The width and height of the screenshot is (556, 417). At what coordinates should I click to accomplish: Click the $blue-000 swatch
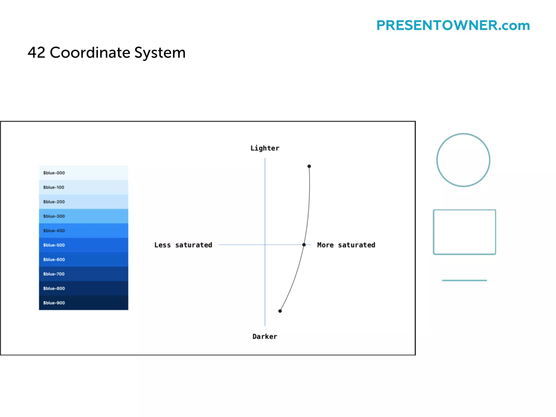tap(83, 173)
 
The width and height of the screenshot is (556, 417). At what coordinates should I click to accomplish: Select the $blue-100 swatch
tap(83, 187)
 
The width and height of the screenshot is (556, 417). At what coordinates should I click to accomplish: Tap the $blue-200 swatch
tap(83, 202)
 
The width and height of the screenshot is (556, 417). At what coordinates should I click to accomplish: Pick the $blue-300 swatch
tap(83, 216)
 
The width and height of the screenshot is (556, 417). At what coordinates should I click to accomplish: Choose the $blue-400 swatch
tap(83, 230)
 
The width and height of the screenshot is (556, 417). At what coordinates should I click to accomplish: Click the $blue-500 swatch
tap(83, 245)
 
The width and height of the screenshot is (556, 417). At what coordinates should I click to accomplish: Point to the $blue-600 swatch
tap(83, 259)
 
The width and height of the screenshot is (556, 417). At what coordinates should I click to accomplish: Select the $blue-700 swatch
tap(83, 274)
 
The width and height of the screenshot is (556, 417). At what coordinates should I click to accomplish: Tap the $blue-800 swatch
tap(83, 288)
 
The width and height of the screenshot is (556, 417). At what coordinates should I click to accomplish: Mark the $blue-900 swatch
tap(83, 302)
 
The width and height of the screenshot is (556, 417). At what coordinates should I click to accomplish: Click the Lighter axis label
tap(265, 148)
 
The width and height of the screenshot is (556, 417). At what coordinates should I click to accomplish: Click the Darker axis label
tap(265, 336)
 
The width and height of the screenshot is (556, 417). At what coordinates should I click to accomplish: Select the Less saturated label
tap(183, 245)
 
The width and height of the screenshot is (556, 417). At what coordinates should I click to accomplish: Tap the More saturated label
tap(346, 245)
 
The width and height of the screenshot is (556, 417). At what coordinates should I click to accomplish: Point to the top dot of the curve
tap(309, 166)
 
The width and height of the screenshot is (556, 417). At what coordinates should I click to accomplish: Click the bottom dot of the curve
tap(280, 311)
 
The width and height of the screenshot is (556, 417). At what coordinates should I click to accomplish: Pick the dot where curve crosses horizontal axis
tap(304, 245)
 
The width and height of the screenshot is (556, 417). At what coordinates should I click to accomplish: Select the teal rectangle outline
tap(434, 232)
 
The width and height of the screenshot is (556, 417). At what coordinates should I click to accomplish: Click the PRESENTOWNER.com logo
tap(453, 26)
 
